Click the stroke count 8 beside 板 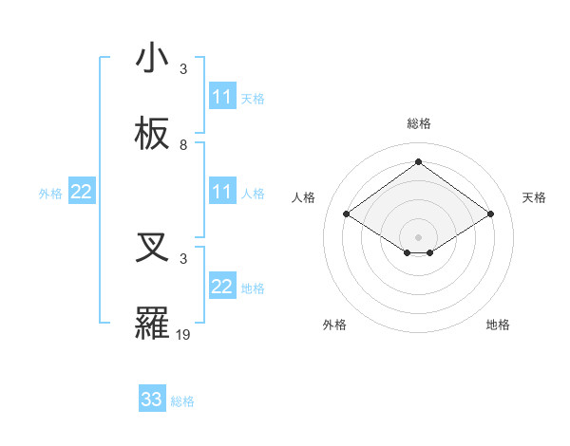(183, 145)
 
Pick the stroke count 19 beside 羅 (183, 334)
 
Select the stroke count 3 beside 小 (183, 68)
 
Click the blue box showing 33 (152, 400)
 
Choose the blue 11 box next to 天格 (222, 97)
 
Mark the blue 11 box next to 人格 (222, 192)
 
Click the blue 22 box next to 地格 (222, 287)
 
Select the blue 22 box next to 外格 (82, 192)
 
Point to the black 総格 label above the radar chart (418, 123)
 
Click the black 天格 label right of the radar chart (534, 197)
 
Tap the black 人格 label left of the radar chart (303, 197)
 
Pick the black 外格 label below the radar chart (334, 325)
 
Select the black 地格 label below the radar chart (498, 325)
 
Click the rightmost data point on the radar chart (490, 214)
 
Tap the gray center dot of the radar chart (418, 236)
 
